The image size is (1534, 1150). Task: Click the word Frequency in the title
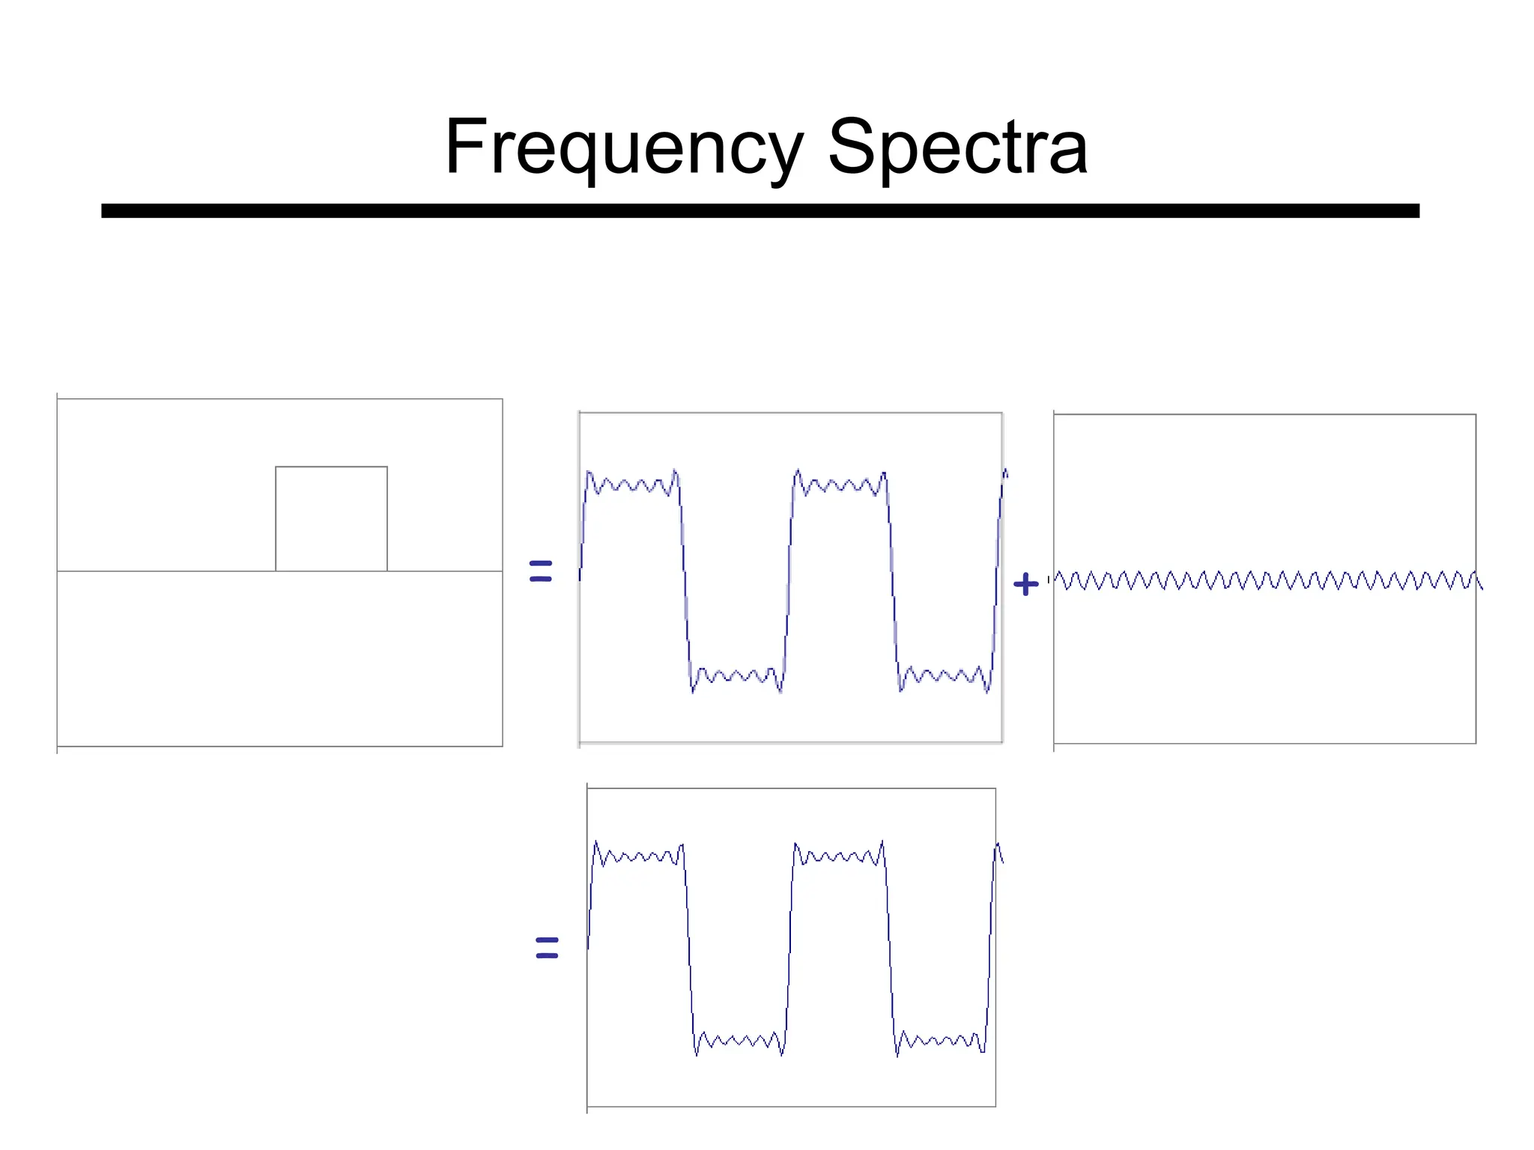[623, 147]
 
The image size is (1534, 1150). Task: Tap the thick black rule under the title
[760, 210]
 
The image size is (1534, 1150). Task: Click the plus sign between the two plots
[1025, 584]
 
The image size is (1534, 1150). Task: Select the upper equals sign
[540, 571]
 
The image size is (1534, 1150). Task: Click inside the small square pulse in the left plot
[331, 519]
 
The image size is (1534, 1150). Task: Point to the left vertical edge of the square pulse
[276, 519]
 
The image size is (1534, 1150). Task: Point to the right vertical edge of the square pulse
[387, 519]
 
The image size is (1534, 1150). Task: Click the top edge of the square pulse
[331, 466]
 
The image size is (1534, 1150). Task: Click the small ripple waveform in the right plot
[1266, 580]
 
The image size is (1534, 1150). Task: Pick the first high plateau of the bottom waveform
[638, 856]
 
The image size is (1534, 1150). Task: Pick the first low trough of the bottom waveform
[739, 1041]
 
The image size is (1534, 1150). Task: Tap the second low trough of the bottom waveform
[941, 1041]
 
